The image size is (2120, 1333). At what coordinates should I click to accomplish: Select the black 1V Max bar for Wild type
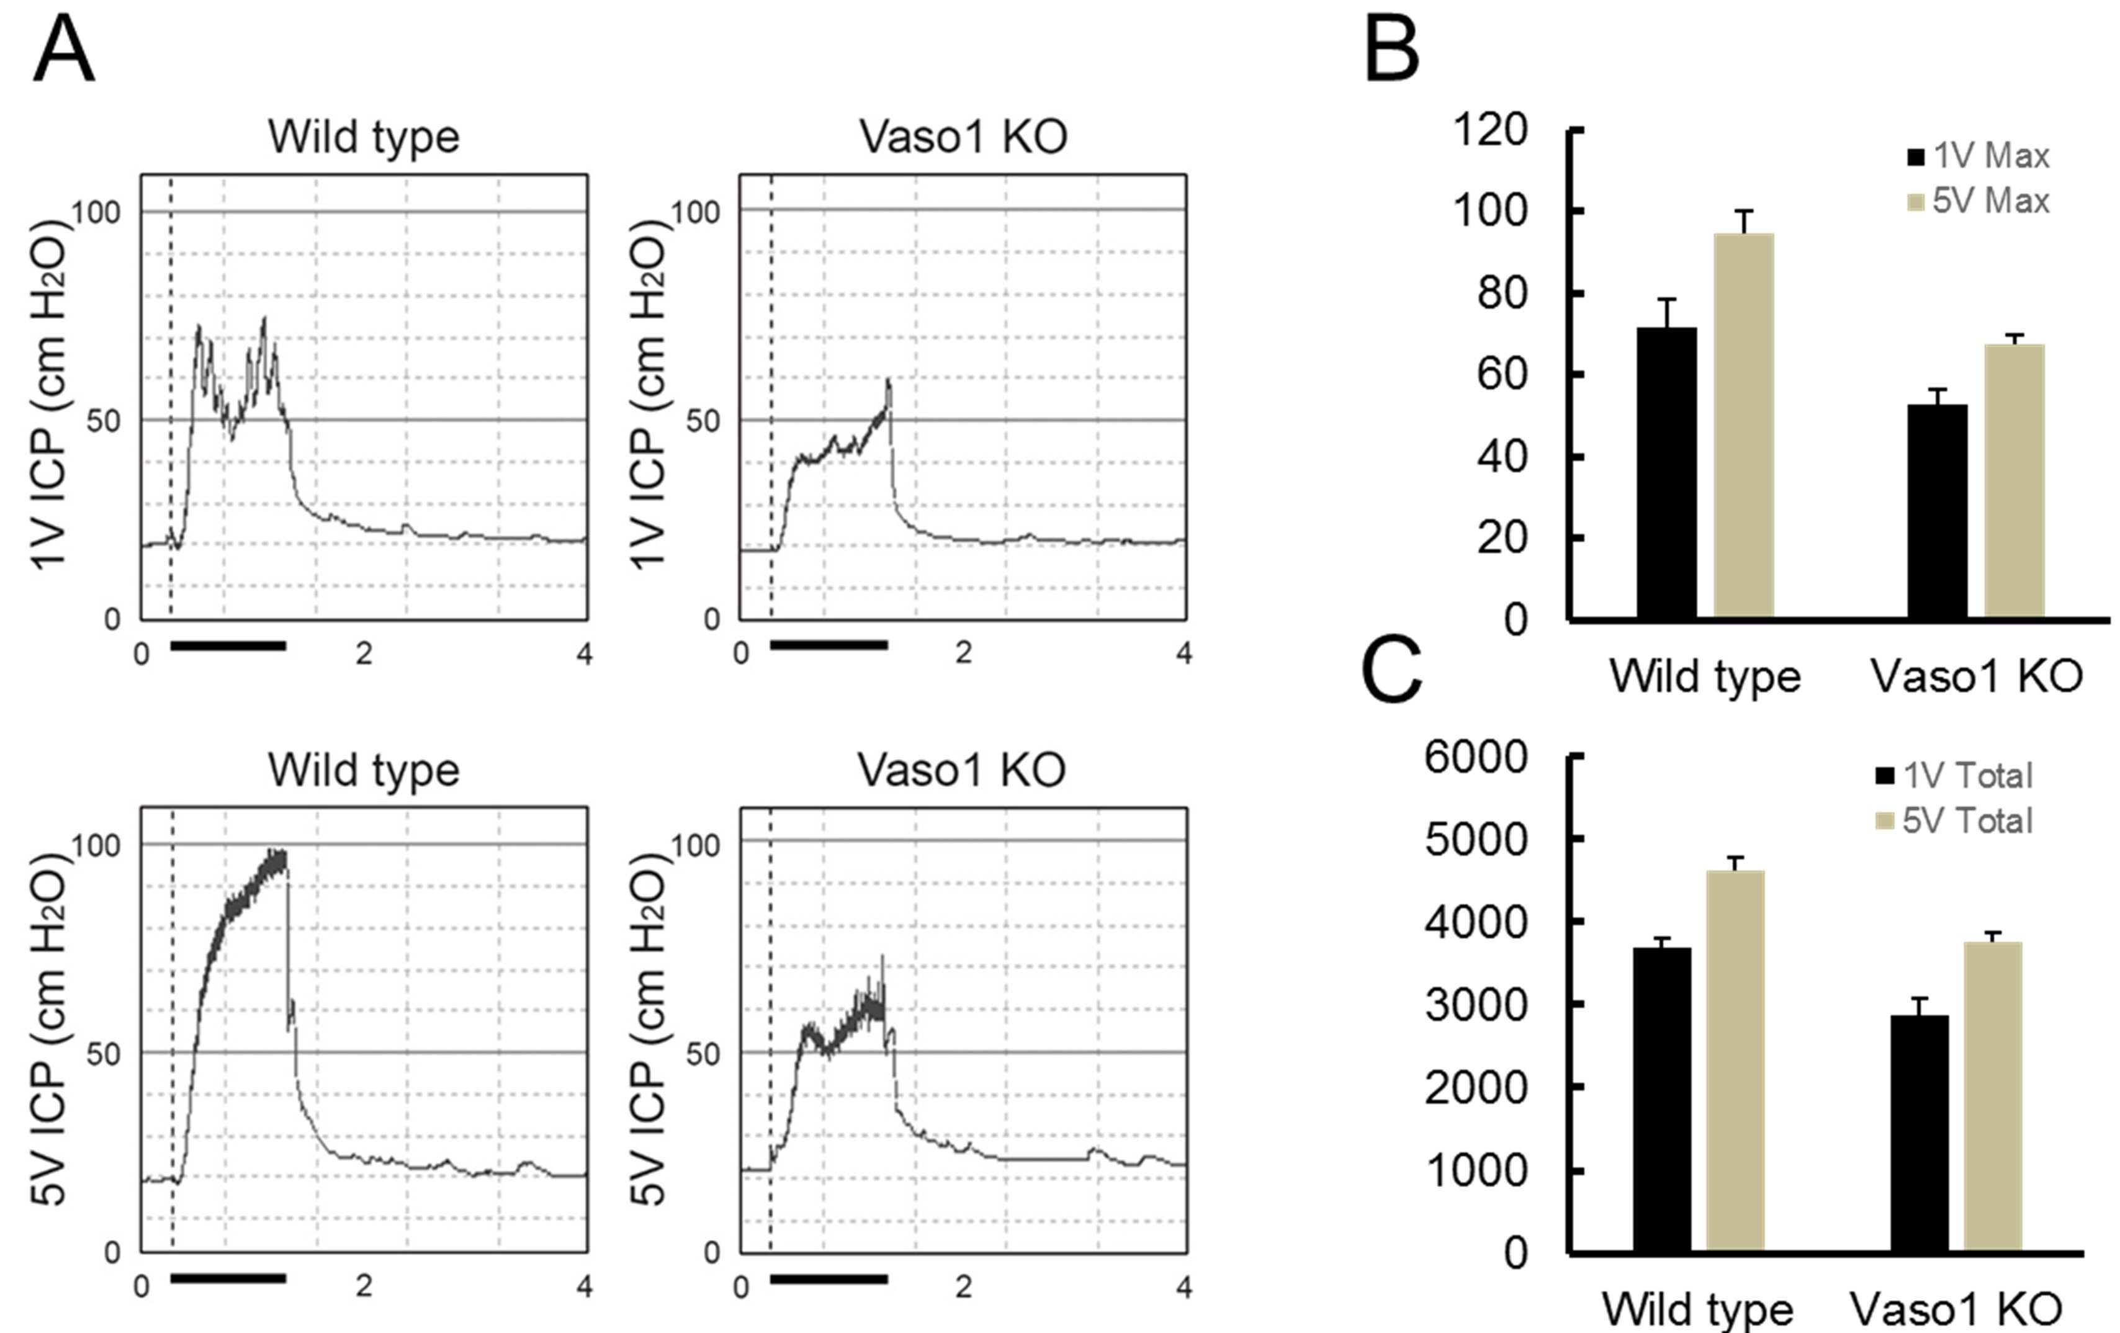[x=1666, y=474]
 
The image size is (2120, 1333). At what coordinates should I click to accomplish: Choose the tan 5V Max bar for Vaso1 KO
[x=2014, y=482]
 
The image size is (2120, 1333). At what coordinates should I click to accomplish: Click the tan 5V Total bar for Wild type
[x=1735, y=1061]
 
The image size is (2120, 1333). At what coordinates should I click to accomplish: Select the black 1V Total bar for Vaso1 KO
[x=1920, y=1133]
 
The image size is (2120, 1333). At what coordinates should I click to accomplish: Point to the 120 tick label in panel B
[x=1489, y=130]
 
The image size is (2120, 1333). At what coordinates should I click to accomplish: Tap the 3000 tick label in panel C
[x=1476, y=1005]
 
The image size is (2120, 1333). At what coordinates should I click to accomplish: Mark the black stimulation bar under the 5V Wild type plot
[x=228, y=1278]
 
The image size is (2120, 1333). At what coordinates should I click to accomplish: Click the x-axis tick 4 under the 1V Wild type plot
[x=584, y=654]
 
